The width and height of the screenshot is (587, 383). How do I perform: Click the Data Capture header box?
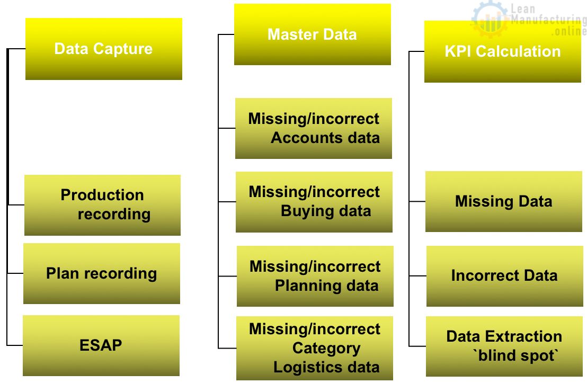104,49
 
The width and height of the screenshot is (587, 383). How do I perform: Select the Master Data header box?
313,34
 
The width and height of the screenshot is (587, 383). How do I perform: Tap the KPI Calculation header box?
503,52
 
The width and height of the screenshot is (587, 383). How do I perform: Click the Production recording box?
103,205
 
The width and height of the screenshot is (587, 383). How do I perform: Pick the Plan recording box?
102,274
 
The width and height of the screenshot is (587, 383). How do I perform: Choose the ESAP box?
101,345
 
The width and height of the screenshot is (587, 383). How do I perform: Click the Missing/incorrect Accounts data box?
314,128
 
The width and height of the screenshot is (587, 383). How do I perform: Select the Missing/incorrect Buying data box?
314,202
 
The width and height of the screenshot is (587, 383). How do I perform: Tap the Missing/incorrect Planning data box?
315,277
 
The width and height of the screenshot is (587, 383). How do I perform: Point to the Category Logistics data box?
315,348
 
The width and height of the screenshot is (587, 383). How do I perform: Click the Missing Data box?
504,201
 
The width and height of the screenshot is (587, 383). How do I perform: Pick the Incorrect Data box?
505,277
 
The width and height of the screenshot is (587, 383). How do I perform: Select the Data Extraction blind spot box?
505,346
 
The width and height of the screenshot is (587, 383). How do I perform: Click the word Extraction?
523,336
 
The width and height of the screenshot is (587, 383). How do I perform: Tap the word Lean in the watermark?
523,8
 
